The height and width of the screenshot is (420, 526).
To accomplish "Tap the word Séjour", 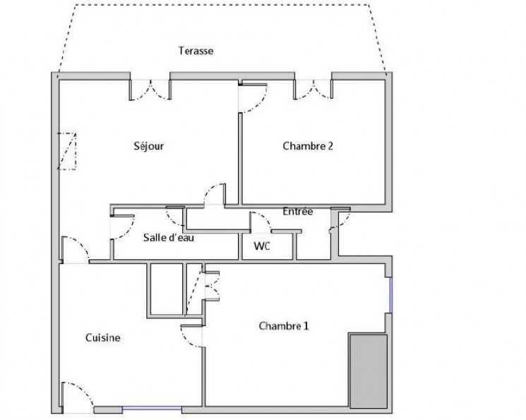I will point(148,147).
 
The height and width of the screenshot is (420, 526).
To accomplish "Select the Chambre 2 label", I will point(308,147).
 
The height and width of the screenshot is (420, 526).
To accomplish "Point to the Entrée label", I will point(297,211).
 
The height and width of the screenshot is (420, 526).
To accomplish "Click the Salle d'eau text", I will point(169,238).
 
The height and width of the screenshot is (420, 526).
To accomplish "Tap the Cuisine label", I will point(103,338).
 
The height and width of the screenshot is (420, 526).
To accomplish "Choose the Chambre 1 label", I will point(284,326).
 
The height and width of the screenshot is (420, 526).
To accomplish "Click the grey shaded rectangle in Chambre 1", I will point(369,371).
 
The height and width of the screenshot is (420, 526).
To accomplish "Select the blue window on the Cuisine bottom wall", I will point(152,409).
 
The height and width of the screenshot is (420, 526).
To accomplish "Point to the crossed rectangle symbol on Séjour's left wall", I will point(68,151).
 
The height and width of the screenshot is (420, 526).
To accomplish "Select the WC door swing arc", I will point(262,222).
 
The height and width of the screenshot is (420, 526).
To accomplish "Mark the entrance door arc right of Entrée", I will point(340,219).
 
